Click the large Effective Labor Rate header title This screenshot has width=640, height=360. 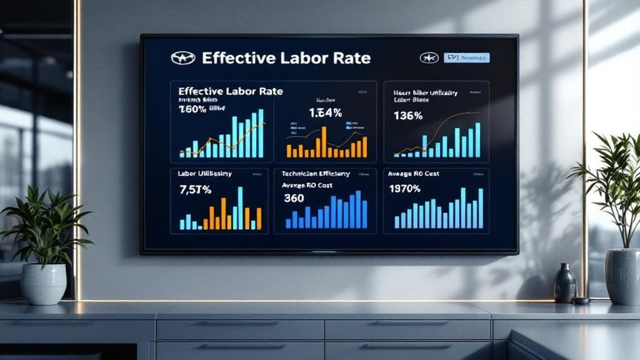286,59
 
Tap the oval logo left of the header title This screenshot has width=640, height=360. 183,58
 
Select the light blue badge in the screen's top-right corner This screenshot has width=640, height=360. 467,58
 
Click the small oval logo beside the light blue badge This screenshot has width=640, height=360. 429,58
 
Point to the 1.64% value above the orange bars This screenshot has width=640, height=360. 325,113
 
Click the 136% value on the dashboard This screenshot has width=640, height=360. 408,116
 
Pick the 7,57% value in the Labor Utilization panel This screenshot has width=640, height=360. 195,189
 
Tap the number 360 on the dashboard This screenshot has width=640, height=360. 294,198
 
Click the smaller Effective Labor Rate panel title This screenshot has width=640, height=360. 230,91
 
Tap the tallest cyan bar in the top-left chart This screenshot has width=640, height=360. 261,133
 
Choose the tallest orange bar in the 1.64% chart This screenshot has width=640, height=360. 324,141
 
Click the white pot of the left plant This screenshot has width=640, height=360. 43,284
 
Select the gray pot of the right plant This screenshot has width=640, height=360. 622,276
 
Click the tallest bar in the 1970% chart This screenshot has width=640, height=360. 480,208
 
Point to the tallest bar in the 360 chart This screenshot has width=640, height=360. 359,210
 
